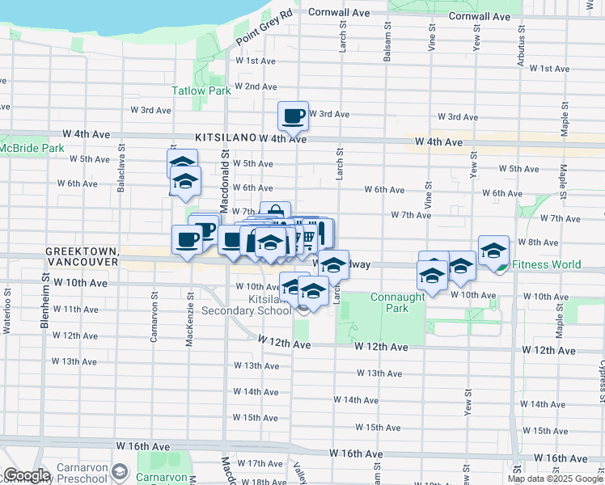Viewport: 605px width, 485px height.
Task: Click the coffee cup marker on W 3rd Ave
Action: coord(293,116)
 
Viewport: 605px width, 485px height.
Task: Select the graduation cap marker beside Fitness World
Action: coord(493,250)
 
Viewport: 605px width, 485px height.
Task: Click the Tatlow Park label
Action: coord(201,91)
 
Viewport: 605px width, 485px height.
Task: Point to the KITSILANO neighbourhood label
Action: coord(226,139)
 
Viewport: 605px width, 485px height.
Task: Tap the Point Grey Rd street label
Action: coord(263,28)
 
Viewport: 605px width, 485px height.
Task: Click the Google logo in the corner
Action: coord(26,475)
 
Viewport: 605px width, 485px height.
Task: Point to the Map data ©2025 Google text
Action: coord(555,479)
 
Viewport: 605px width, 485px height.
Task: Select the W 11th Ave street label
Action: coord(80,310)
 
